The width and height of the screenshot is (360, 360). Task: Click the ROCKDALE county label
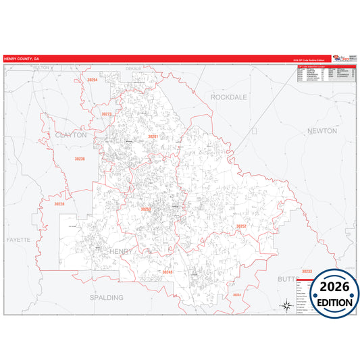[229, 97]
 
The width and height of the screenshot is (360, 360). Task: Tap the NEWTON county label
[322, 130]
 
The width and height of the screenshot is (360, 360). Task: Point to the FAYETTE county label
[19, 240]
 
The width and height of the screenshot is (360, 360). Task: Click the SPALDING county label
[107, 297]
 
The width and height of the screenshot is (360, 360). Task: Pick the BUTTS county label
[286, 278]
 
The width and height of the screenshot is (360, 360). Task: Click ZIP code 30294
[93, 80]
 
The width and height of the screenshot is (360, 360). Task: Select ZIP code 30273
[107, 114]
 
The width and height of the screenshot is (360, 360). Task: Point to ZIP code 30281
[153, 136]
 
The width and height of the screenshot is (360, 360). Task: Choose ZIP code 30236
[80, 159]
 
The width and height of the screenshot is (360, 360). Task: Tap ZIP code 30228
[59, 203]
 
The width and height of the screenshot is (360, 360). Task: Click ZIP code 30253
[146, 209]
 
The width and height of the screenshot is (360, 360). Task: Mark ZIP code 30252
[241, 226]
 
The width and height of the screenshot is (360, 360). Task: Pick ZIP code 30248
[167, 272]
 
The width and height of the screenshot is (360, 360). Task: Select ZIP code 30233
[307, 271]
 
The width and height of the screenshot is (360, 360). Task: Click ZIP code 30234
[236, 295]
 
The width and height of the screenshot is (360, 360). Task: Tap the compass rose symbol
[286, 305]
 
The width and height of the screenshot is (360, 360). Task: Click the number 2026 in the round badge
[331, 286]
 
